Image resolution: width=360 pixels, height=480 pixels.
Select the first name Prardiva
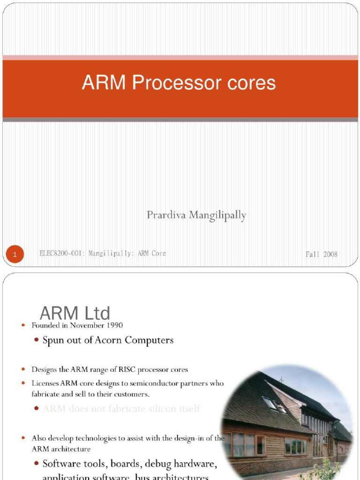point(165,215)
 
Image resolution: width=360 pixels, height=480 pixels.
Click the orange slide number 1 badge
point(15,255)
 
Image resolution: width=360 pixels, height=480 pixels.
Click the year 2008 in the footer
point(330,254)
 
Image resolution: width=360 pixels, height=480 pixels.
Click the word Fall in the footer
point(313,254)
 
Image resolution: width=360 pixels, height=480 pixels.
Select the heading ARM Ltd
point(75,313)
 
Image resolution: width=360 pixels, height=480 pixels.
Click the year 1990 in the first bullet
point(115,325)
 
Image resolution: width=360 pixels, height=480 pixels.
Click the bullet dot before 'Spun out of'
point(37,340)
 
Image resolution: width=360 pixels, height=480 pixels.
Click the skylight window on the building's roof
point(273,404)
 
